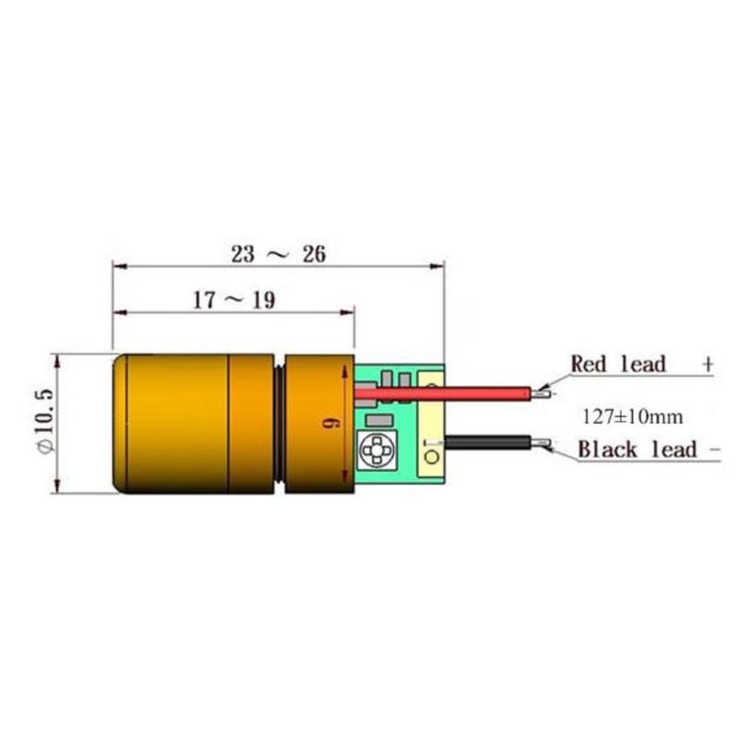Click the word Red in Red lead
(589, 364)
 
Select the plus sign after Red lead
(708, 364)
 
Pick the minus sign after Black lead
(714, 450)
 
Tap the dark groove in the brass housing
(279, 423)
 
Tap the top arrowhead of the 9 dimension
(349, 369)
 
